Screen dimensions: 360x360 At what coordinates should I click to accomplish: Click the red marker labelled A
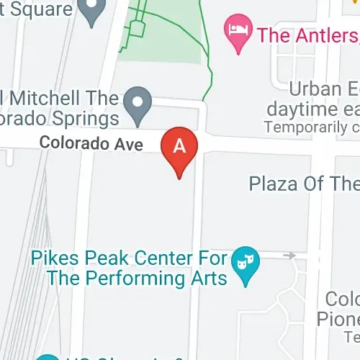pyautogui.click(x=179, y=147)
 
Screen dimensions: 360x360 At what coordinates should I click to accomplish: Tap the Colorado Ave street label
pyautogui.click(x=91, y=143)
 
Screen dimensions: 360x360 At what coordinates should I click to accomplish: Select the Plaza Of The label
pyautogui.click(x=303, y=183)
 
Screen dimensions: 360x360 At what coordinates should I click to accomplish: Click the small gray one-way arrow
pyautogui.click(x=289, y=256)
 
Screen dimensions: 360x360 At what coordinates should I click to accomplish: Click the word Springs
pyautogui.click(x=81, y=117)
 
